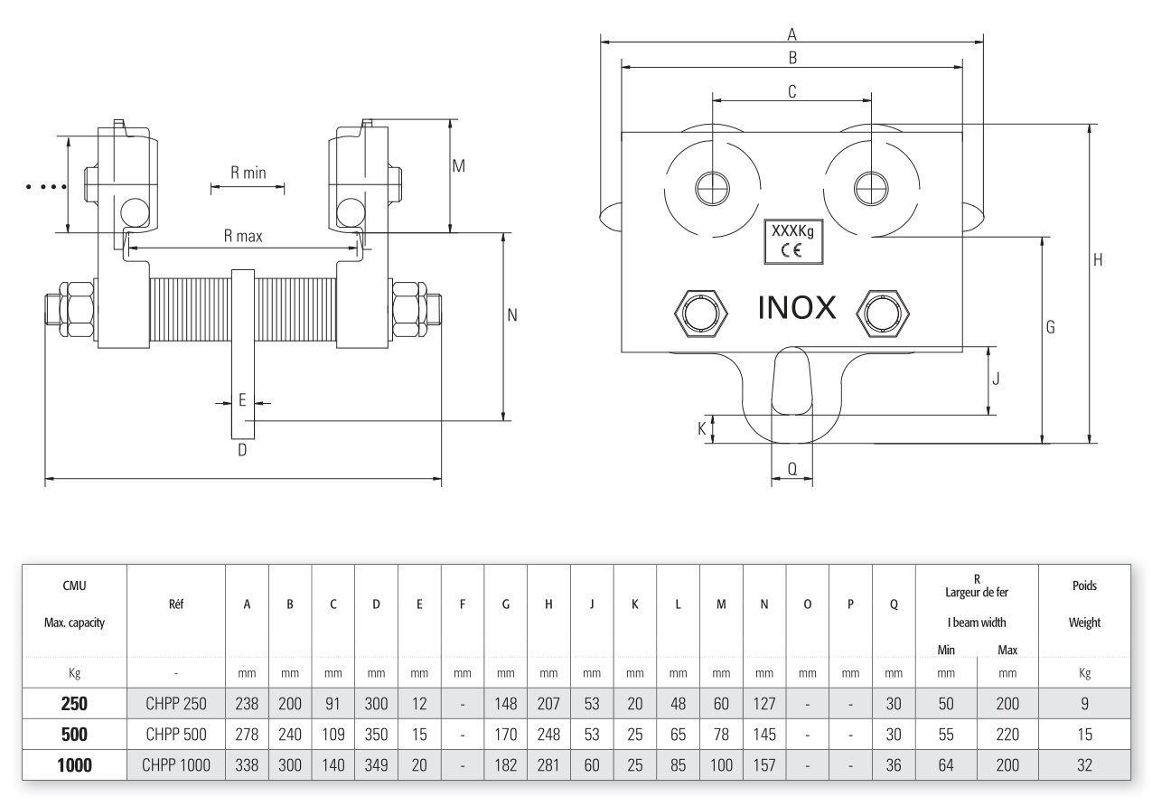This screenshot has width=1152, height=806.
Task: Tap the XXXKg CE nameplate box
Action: (x=792, y=240)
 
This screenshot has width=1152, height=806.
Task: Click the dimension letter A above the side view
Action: (x=792, y=34)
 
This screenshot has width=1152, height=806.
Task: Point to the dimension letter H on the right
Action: (x=1099, y=260)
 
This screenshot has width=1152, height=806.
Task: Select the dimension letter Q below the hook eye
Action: (x=791, y=469)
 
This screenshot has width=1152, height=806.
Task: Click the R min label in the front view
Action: (x=248, y=173)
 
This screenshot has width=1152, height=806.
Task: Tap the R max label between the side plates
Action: (x=244, y=238)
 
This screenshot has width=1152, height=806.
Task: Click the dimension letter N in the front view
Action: (x=511, y=315)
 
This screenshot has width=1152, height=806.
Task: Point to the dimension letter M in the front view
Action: (x=458, y=166)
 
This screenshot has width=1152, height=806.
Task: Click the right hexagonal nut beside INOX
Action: (x=884, y=313)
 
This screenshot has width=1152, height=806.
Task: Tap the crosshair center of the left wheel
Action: (x=712, y=188)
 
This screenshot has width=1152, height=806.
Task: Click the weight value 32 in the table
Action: (x=1084, y=765)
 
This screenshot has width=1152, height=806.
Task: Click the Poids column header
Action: (x=1084, y=585)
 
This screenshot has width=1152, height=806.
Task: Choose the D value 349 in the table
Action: (x=375, y=765)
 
